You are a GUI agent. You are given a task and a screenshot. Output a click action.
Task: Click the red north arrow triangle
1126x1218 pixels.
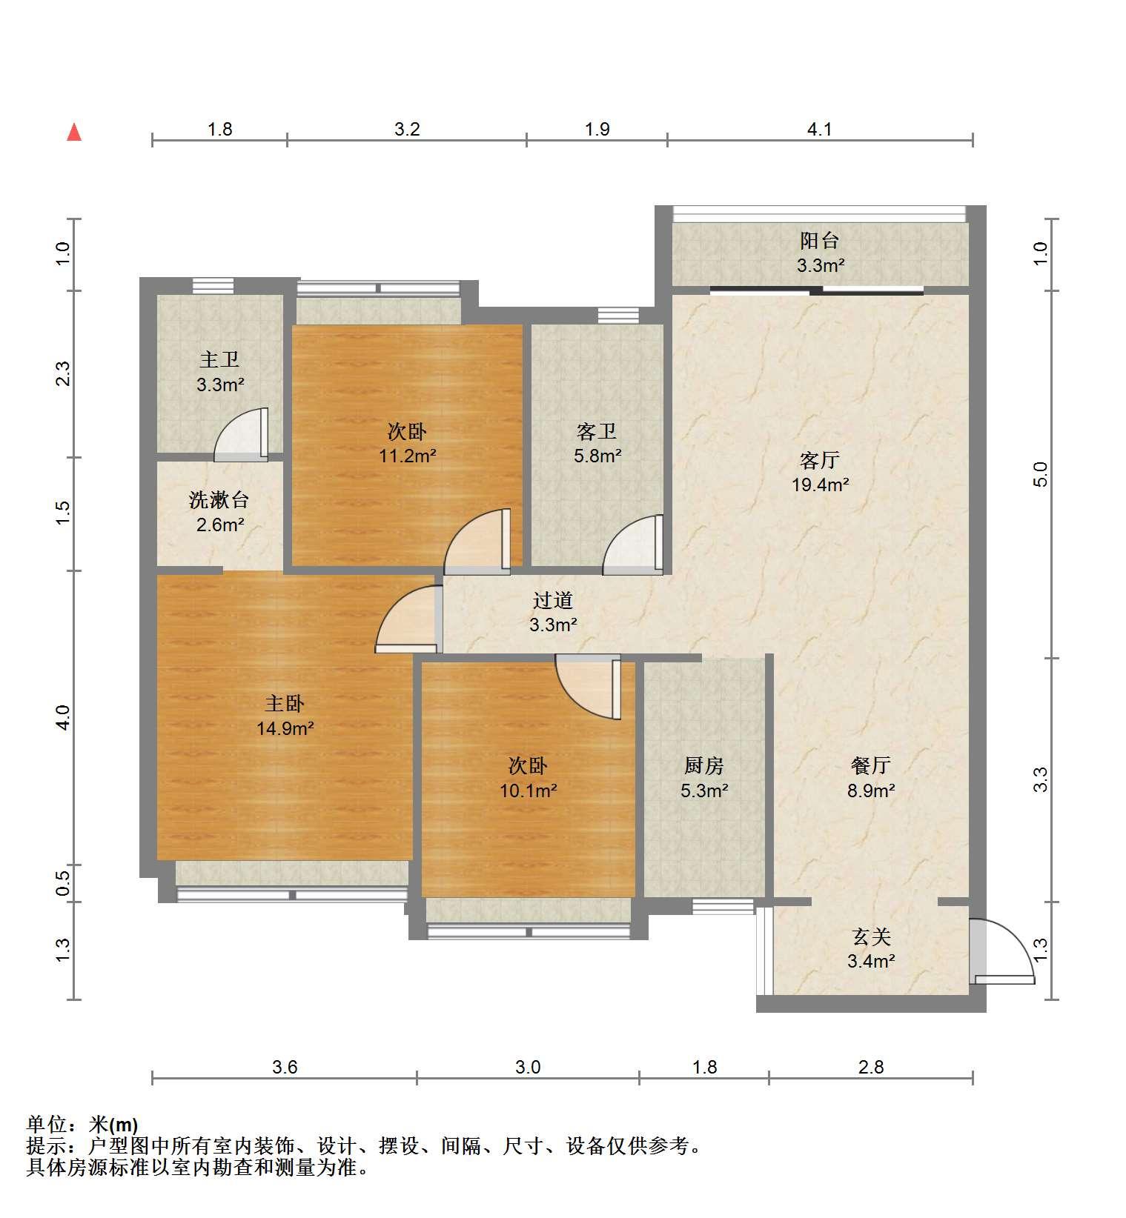click(x=74, y=133)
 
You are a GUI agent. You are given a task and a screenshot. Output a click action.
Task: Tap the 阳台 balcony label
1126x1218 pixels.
click(x=819, y=241)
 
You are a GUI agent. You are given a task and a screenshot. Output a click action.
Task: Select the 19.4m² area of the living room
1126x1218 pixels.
click(x=820, y=485)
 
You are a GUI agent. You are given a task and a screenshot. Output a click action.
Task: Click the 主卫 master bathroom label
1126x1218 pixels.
click(x=219, y=360)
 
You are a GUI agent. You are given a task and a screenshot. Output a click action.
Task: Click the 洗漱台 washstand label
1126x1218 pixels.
click(x=219, y=500)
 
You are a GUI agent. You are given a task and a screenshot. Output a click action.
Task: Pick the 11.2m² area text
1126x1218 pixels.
click(x=407, y=456)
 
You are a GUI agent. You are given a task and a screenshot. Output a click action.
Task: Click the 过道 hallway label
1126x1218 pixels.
click(x=553, y=600)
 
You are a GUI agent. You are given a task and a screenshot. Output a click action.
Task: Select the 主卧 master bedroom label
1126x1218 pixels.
click(x=285, y=704)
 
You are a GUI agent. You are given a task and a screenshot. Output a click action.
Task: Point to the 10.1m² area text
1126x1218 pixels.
click(x=528, y=791)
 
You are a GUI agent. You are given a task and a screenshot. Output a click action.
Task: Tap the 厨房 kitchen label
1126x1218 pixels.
click(x=704, y=765)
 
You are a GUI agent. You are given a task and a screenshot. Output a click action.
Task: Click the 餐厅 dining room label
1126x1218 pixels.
click(x=871, y=765)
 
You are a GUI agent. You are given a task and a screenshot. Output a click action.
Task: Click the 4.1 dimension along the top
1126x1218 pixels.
click(x=819, y=130)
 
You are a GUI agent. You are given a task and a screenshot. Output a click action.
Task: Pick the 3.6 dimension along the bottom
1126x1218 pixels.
click(x=285, y=1068)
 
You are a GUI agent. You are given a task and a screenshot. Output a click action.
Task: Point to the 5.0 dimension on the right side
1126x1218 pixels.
click(x=1041, y=474)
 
